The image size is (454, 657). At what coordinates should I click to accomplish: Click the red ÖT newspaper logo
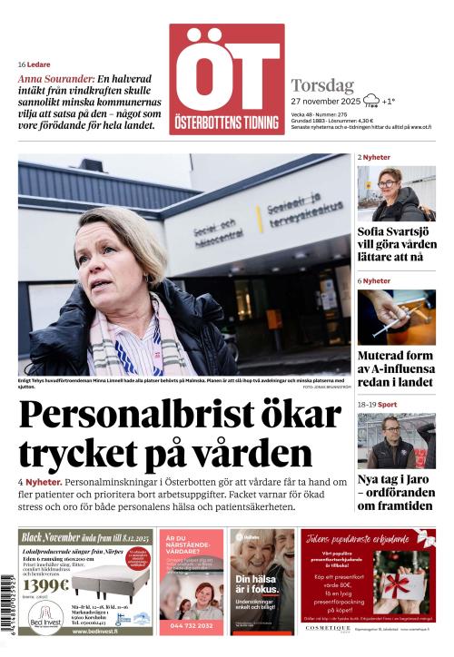tap(226, 79)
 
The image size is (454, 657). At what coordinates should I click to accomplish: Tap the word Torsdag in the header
tap(322, 85)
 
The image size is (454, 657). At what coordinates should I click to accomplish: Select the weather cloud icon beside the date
tap(370, 101)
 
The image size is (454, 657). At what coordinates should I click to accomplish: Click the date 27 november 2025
tap(326, 101)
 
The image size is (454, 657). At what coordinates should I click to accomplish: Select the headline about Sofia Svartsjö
tap(395, 244)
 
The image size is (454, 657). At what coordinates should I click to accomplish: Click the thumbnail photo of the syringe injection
tap(395, 317)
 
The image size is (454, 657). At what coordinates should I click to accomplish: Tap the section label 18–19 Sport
tap(377, 405)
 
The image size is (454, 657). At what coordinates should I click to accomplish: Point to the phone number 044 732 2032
tap(191, 625)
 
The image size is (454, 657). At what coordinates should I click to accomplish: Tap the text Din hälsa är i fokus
tap(255, 585)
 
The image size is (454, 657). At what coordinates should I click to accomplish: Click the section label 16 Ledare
tap(34, 64)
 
